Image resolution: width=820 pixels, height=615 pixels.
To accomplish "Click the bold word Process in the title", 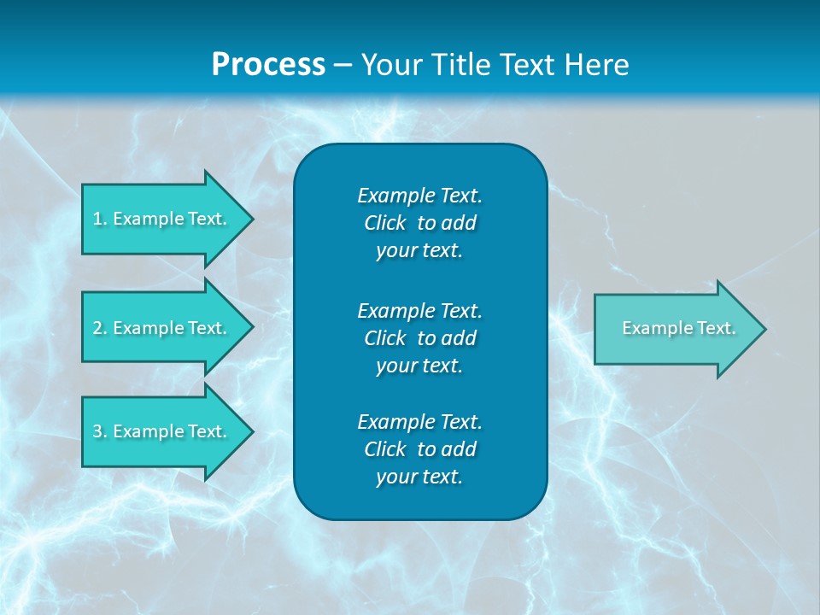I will tap(268, 65).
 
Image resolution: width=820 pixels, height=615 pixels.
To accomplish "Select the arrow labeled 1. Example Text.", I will tap(162, 219).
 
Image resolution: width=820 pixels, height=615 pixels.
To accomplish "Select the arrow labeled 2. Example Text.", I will tap(162, 328).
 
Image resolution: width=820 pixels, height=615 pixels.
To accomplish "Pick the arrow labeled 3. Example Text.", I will tap(162, 431).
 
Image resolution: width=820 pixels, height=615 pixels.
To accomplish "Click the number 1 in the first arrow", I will tap(97, 219).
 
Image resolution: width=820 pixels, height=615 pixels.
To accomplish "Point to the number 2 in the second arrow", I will tap(97, 328).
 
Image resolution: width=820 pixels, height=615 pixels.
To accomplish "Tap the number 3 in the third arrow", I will tap(97, 431).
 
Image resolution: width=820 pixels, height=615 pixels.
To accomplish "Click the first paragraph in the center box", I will tap(419, 223).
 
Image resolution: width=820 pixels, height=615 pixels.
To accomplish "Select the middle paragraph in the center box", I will tap(419, 337).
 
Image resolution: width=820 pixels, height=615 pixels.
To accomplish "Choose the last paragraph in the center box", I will tap(419, 449).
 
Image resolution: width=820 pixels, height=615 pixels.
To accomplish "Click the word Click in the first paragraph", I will tap(384, 223).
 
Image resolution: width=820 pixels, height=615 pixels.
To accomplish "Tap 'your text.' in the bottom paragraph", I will tap(419, 477).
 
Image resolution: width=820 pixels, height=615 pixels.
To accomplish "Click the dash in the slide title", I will tap(343, 65).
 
